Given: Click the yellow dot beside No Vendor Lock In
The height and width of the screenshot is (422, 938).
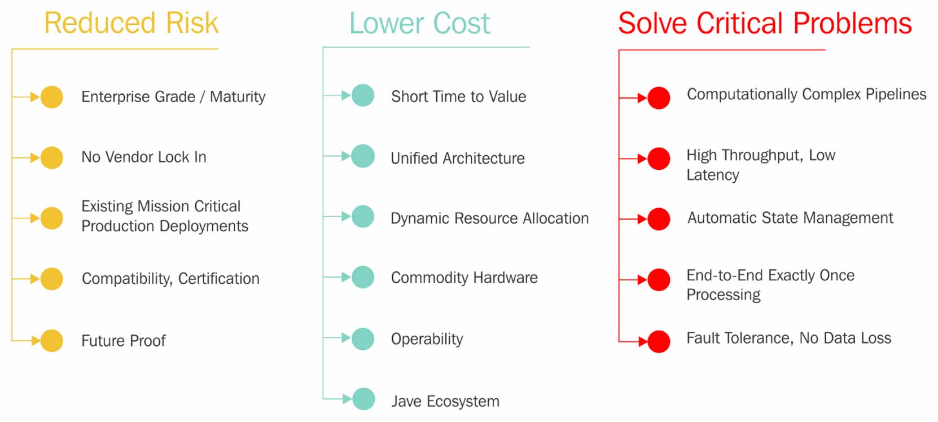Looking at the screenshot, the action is (x=52, y=158).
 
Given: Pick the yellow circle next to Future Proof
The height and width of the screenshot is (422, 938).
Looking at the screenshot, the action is (x=52, y=340).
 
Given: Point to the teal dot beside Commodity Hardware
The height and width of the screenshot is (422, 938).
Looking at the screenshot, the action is (x=363, y=277).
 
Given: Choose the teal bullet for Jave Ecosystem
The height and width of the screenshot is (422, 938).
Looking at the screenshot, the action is (x=363, y=399).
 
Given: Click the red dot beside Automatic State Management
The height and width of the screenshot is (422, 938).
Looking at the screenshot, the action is (x=659, y=219).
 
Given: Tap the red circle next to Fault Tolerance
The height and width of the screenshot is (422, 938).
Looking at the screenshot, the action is (x=659, y=342).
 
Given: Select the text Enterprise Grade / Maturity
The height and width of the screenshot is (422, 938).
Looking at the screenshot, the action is (x=173, y=96).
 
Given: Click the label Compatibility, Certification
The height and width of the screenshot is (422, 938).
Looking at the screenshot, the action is (x=171, y=279).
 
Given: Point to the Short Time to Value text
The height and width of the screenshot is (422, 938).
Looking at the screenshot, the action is (x=458, y=96).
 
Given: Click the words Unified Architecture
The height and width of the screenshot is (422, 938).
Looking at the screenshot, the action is (x=458, y=158).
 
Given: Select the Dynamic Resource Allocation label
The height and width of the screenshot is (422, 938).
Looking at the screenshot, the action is (x=489, y=218).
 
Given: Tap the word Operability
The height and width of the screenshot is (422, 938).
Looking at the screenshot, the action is (x=427, y=339).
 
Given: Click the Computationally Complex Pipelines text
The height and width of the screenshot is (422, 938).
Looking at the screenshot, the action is (x=806, y=95).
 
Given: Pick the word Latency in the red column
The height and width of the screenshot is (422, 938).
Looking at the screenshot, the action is (x=713, y=175).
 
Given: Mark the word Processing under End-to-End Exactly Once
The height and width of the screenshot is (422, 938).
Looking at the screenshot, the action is (x=724, y=294).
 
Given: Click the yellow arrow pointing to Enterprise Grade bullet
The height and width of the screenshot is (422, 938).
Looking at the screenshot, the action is (x=26, y=97).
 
